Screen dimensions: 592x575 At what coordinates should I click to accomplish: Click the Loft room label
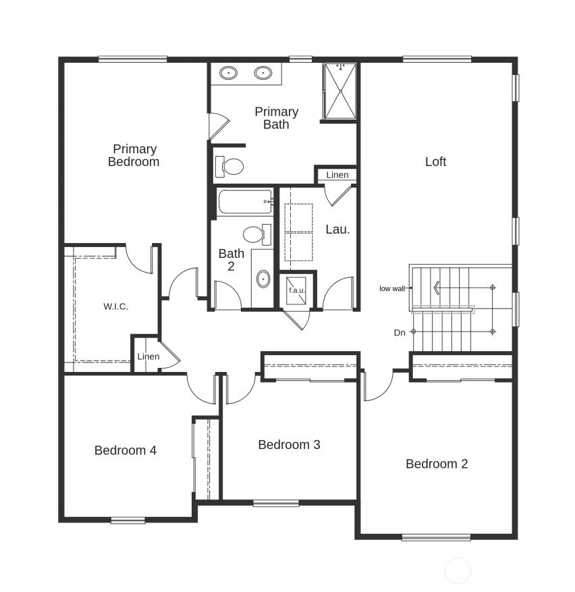tap(435, 161)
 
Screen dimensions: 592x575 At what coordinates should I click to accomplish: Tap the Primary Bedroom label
tap(134, 155)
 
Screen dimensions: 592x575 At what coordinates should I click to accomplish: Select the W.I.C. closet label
tap(115, 306)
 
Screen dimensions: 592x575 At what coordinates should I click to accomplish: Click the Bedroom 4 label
tap(126, 450)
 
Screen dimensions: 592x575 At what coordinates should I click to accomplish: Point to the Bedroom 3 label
tap(289, 445)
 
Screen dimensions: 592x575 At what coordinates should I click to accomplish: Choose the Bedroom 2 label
tap(436, 464)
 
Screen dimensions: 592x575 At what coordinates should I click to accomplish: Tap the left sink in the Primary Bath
tap(229, 72)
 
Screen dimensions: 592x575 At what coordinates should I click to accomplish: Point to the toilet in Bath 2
tap(256, 235)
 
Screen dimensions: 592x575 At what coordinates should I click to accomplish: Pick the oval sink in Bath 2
tap(263, 278)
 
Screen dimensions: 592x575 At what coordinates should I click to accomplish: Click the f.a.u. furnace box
tap(297, 290)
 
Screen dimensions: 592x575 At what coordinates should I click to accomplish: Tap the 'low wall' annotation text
tap(392, 288)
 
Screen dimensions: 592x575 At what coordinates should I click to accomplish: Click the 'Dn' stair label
tap(400, 333)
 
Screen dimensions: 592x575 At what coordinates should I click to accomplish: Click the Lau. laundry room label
tap(337, 230)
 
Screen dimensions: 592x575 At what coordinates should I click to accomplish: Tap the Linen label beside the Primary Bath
tap(337, 175)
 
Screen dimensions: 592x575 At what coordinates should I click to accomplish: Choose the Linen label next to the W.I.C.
tap(148, 356)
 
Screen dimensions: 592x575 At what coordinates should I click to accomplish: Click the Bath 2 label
tap(231, 260)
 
